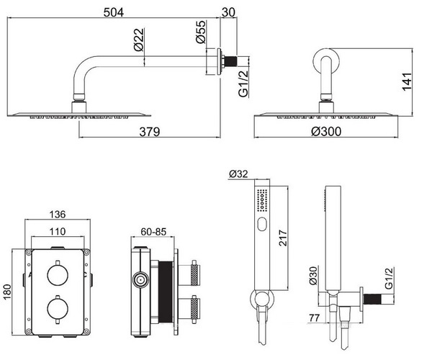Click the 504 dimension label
click(x=114, y=12)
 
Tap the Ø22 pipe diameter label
click(x=139, y=40)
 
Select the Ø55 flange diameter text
click(x=201, y=32)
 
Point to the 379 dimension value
click(x=149, y=132)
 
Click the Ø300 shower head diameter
click(x=326, y=131)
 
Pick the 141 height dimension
click(x=407, y=81)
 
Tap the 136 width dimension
click(x=58, y=214)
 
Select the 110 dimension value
click(x=58, y=231)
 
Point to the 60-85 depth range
click(x=153, y=232)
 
